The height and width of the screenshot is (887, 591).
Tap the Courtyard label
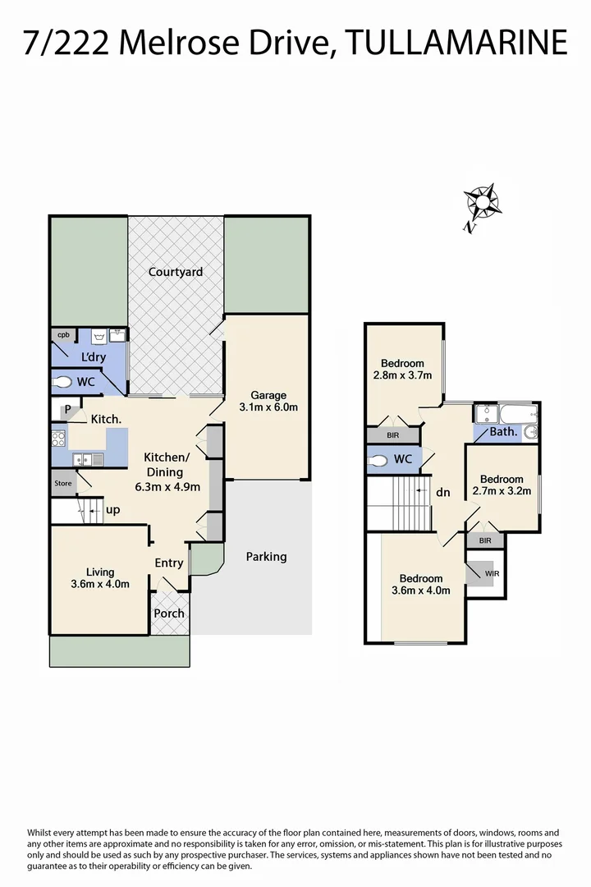(175, 272)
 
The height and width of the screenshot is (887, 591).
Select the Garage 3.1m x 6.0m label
(268, 401)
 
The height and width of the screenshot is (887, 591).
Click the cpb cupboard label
(62, 334)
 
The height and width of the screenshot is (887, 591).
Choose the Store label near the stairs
(63, 483)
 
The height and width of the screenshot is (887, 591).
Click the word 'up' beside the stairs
(113, 510)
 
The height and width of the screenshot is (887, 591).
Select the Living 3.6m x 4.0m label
(100, 578)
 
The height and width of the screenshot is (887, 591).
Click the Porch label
(170, 614)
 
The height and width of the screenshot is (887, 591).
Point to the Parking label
(266, 557)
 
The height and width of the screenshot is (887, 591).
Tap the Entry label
(169, 563)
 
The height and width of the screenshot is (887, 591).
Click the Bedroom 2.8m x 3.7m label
(402, 370)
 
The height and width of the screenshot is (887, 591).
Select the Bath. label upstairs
(502, 432)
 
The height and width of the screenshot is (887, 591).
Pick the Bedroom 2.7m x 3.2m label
(502, 485)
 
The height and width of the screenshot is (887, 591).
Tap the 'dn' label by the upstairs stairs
(443, 493)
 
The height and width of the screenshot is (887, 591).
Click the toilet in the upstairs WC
(378, 461)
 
